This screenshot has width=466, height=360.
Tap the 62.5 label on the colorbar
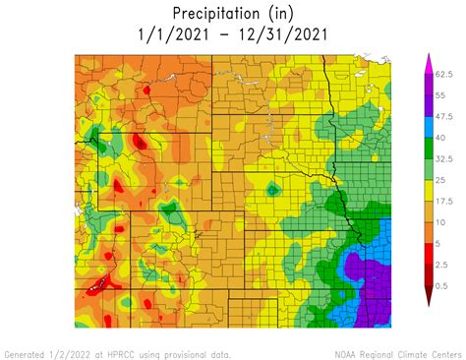coord(443,74)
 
